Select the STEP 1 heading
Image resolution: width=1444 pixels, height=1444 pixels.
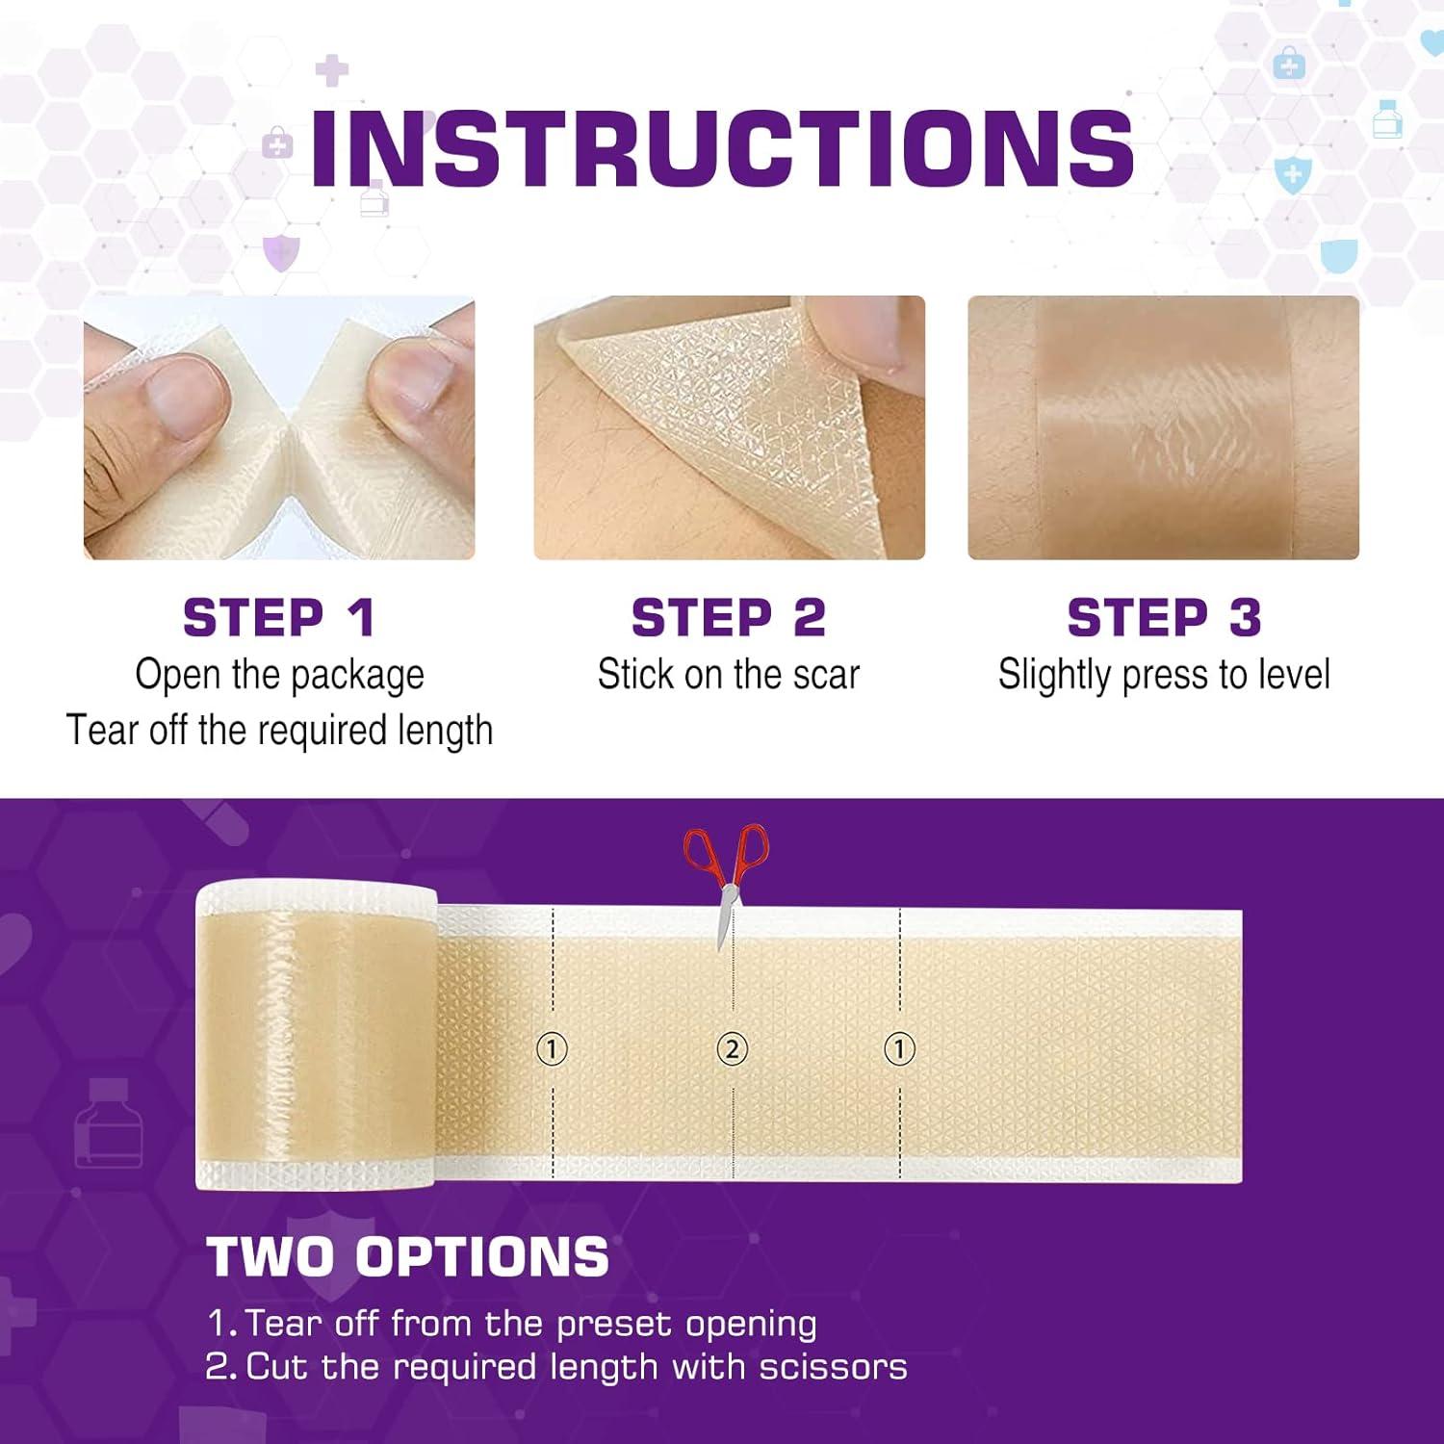[x=279, y=617]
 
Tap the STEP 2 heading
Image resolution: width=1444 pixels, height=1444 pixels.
[x=729, y=617]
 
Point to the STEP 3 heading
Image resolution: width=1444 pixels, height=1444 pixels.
[x=1164, y=617]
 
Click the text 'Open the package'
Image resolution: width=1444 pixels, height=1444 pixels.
[x=279, y=675]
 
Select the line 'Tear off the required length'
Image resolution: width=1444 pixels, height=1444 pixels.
[x=279, y=731]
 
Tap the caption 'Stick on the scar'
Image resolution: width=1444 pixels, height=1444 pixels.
[x=729, y=675]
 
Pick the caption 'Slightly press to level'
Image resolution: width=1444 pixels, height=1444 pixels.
[x=1164, y=675]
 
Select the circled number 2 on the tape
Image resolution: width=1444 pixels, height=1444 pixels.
[x=732, y=1048]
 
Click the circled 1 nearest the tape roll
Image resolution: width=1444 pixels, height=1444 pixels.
[x=552, y=1048]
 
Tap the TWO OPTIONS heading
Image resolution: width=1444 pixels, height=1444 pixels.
[x=408, y=1256]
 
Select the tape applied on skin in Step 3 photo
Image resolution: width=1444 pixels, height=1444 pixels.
[x=1165, y=428]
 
